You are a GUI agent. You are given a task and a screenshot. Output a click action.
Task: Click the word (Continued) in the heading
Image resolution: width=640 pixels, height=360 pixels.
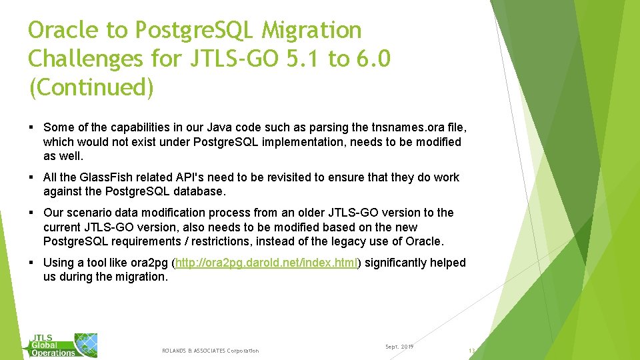pyautogui.click(x=91, y=87)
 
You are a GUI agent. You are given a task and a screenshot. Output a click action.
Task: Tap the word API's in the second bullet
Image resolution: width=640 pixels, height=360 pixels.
pyautogui.click(x=176, y=177)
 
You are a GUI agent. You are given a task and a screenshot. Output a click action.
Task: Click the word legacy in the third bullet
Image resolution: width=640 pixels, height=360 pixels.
pyautogui.click(x=351, y=241)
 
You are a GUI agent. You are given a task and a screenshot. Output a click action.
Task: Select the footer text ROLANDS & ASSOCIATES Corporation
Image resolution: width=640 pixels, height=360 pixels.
pyautogui.click(x=210, y=351)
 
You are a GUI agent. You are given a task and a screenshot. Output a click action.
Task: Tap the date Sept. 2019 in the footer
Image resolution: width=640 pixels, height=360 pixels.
pyautogui.click(x=399, y=347)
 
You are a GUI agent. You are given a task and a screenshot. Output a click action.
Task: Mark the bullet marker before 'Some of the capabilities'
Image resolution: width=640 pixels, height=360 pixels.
pyautogui.click(x=32, y=127)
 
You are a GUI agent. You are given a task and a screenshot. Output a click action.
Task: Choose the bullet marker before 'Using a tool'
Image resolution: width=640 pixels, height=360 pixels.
pyautogui.click(x=32, y=263)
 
